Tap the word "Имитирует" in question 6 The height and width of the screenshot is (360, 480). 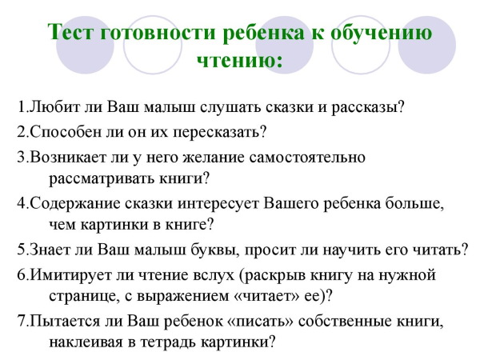(x=64, y=276)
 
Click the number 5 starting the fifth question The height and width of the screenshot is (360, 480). (x=19, y=250)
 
